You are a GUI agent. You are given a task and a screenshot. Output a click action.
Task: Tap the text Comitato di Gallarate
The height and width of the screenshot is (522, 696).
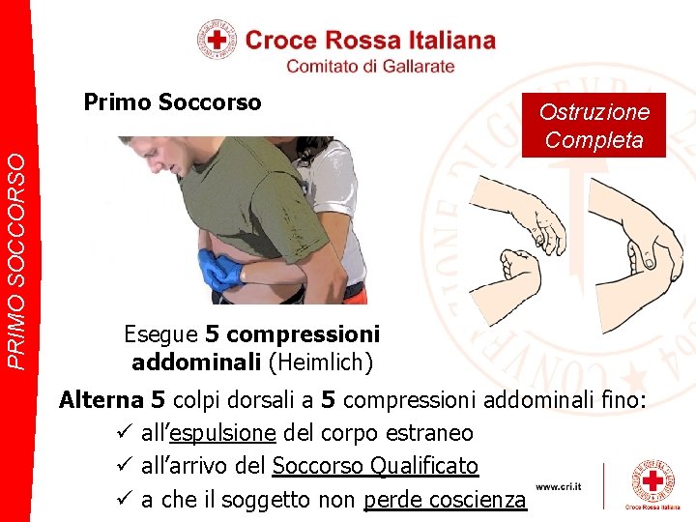370,66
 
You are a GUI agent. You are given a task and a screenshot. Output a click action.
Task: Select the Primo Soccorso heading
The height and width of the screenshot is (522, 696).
172,102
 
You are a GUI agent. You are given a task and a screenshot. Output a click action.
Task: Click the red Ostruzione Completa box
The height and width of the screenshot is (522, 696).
594,126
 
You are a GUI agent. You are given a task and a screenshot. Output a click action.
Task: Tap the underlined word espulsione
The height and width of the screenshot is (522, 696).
222,433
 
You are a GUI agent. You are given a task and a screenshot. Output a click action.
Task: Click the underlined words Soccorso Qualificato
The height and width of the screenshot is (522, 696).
375,467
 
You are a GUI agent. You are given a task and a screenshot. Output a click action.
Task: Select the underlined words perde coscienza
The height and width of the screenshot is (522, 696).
445,501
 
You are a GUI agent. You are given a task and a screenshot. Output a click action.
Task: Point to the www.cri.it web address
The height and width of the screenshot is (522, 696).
560,488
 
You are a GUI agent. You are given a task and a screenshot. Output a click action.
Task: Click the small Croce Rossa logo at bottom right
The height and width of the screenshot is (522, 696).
652,485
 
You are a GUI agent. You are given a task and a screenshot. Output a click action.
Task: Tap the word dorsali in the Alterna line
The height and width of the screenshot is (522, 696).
279,399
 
